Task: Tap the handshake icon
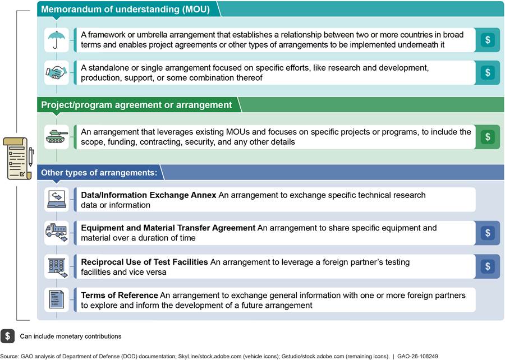coord(56,72)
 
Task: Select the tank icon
coord(57,137)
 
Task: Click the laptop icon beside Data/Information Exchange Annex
coord(57,200)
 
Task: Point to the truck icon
coord(56,232)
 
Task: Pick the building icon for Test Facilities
coord(57,267)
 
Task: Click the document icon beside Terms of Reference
coord(56,299)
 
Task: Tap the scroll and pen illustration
coord(19,158)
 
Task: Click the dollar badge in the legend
coord(7,336)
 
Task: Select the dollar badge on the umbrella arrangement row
coord(488,40)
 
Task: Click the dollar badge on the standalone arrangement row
coord(488,72)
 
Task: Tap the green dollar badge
coord(488,137)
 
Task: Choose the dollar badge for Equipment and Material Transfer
coord(488,233)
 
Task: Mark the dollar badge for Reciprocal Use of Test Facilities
coord(488,266)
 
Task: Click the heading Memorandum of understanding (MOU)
coord(125,9)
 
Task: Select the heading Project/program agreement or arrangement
coord(136,105)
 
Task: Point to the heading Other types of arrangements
coord(99,173)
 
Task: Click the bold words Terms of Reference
coord(119,296)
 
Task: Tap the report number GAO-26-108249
coord(417,356)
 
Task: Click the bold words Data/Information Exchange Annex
coord(149,195)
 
